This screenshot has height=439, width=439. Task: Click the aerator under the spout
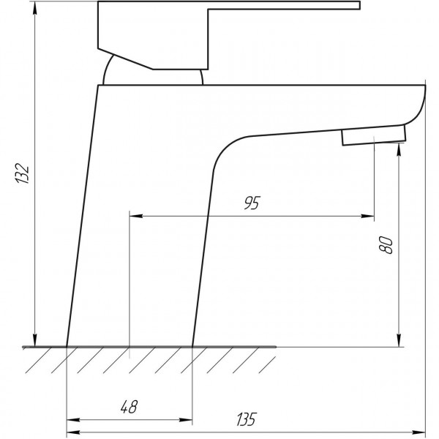point(373,135)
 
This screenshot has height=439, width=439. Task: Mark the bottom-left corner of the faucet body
point(67,345)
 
